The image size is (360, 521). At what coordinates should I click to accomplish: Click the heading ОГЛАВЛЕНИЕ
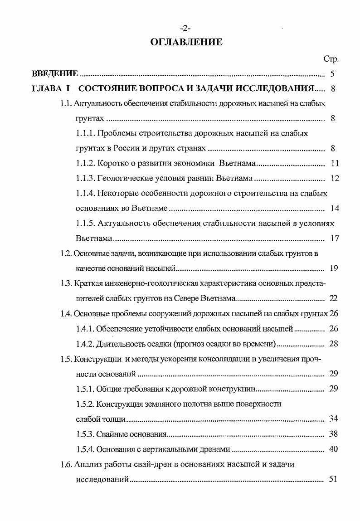187,42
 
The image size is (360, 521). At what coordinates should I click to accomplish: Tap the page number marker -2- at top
186,29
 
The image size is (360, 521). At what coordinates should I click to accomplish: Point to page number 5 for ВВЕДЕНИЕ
332,74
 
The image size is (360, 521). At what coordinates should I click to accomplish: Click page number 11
335,163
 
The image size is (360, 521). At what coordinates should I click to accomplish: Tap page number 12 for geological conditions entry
335,178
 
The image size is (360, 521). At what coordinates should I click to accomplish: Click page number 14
335,209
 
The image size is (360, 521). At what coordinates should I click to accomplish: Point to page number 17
335,239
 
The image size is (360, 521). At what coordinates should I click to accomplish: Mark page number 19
334,268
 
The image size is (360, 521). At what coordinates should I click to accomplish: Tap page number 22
334,298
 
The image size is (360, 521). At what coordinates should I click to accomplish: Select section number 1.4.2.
85,344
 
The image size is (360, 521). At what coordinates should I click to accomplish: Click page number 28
334,344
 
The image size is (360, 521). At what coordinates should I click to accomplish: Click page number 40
334,449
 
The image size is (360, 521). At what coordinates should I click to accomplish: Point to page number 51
334,479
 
